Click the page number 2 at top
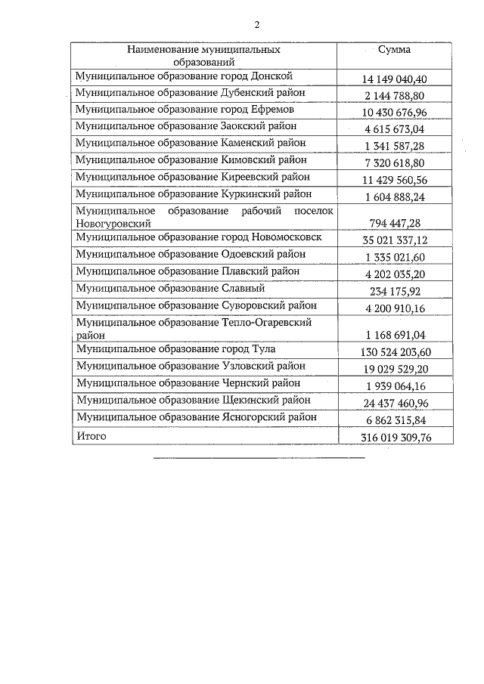(x=256, y=24)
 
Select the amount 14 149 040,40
(x=396, y=79)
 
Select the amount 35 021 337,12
(x=396, y=240)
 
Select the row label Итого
(x=92, y=436)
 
